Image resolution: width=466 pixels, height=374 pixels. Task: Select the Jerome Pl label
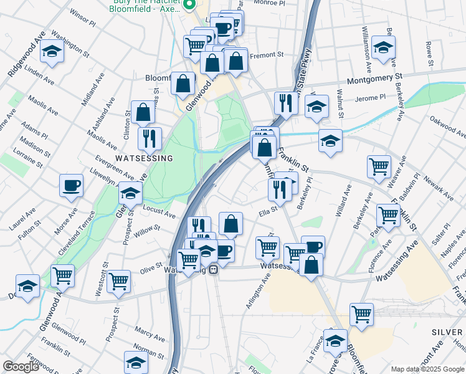(x=370, y=98)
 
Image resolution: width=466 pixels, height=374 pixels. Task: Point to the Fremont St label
(x=266, y=55)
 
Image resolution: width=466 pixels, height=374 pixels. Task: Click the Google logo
(x=21, y=367)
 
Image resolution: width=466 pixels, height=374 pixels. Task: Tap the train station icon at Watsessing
(x=213, y=270)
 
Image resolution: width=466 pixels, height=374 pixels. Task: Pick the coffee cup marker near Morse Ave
(x=71, y=185)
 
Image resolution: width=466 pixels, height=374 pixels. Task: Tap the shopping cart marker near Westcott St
(x=118, y=280)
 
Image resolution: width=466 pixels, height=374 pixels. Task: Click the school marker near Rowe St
(x=383, y=47)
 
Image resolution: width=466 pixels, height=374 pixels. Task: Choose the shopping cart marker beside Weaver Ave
(x=379, y=166)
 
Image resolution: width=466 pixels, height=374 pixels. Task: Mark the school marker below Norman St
(x=136, y=362)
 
